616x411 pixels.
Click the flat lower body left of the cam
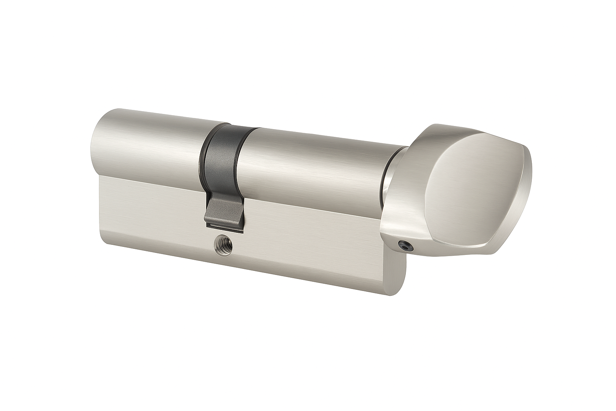(x=156, y=209)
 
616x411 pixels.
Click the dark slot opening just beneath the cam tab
(x=225, y=230)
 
